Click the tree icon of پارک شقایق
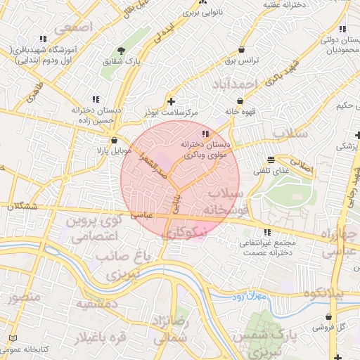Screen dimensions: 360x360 point(122,51)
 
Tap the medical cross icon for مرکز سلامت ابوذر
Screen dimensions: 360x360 point(171,101)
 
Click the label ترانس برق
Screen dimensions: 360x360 point(243,61)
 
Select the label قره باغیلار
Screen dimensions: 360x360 point(101,337)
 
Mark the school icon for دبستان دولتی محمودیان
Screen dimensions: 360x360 point(342,30)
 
